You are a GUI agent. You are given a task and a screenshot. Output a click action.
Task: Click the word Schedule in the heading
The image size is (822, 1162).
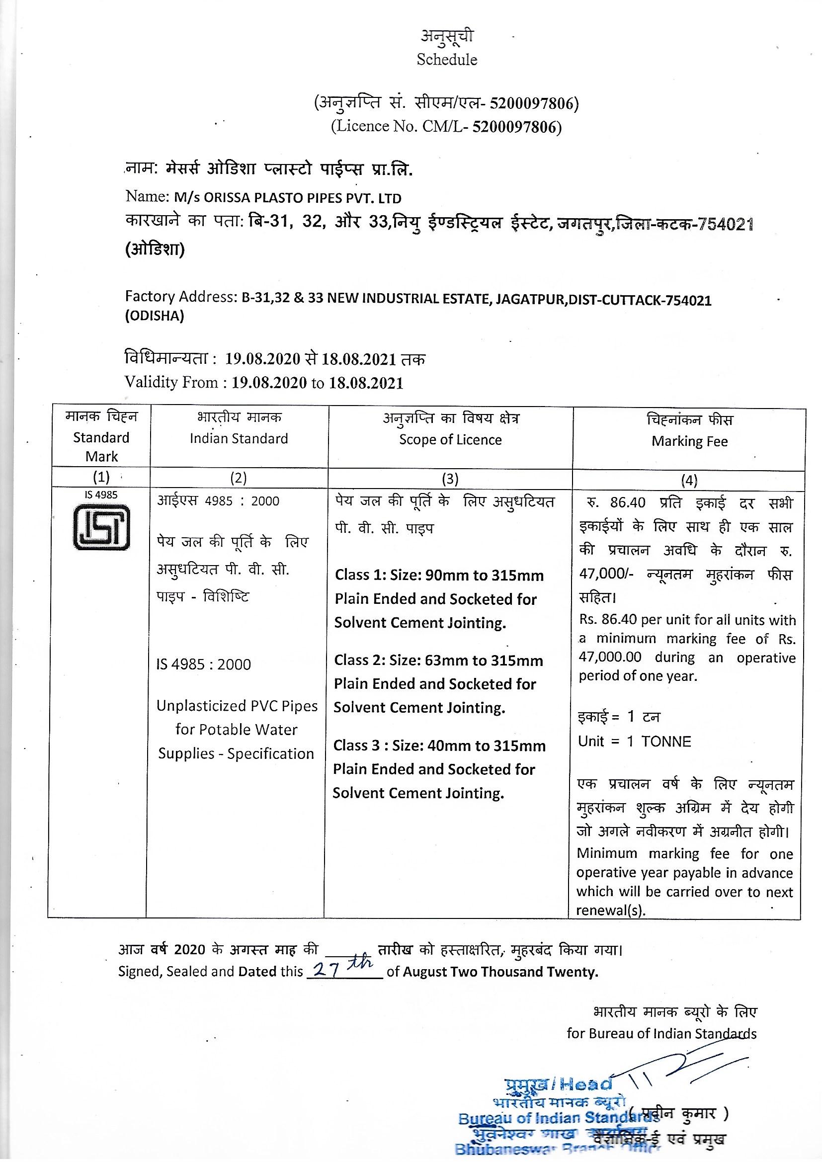(446, 60)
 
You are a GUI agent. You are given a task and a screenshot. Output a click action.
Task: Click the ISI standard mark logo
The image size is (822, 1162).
(101, 528)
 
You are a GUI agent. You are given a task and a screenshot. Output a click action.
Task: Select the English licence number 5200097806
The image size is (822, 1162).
(514, 127)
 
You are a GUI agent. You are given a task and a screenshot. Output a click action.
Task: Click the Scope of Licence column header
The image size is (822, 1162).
(450, 440)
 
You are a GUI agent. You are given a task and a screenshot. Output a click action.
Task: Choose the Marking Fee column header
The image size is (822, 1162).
(689, 441)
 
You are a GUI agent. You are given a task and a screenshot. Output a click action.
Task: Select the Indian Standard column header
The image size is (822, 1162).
(239, 438)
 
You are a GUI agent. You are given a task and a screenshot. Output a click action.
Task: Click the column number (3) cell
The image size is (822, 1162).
(449, 479)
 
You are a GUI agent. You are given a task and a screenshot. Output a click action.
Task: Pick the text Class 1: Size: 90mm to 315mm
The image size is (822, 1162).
(439, 576)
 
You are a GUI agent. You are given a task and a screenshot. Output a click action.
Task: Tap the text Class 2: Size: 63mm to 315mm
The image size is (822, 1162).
(438, 661)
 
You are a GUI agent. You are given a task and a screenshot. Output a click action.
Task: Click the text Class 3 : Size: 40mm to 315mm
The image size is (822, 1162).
(439, 746)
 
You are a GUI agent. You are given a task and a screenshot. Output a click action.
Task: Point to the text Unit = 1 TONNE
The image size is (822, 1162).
(634, 742)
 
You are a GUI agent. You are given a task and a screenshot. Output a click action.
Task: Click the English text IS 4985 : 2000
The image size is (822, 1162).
(203, 664)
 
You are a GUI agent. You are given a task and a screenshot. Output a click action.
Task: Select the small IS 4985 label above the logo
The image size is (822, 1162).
(101, 495)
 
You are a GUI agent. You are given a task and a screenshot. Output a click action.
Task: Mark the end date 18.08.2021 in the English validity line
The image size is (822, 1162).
(366, 383)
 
